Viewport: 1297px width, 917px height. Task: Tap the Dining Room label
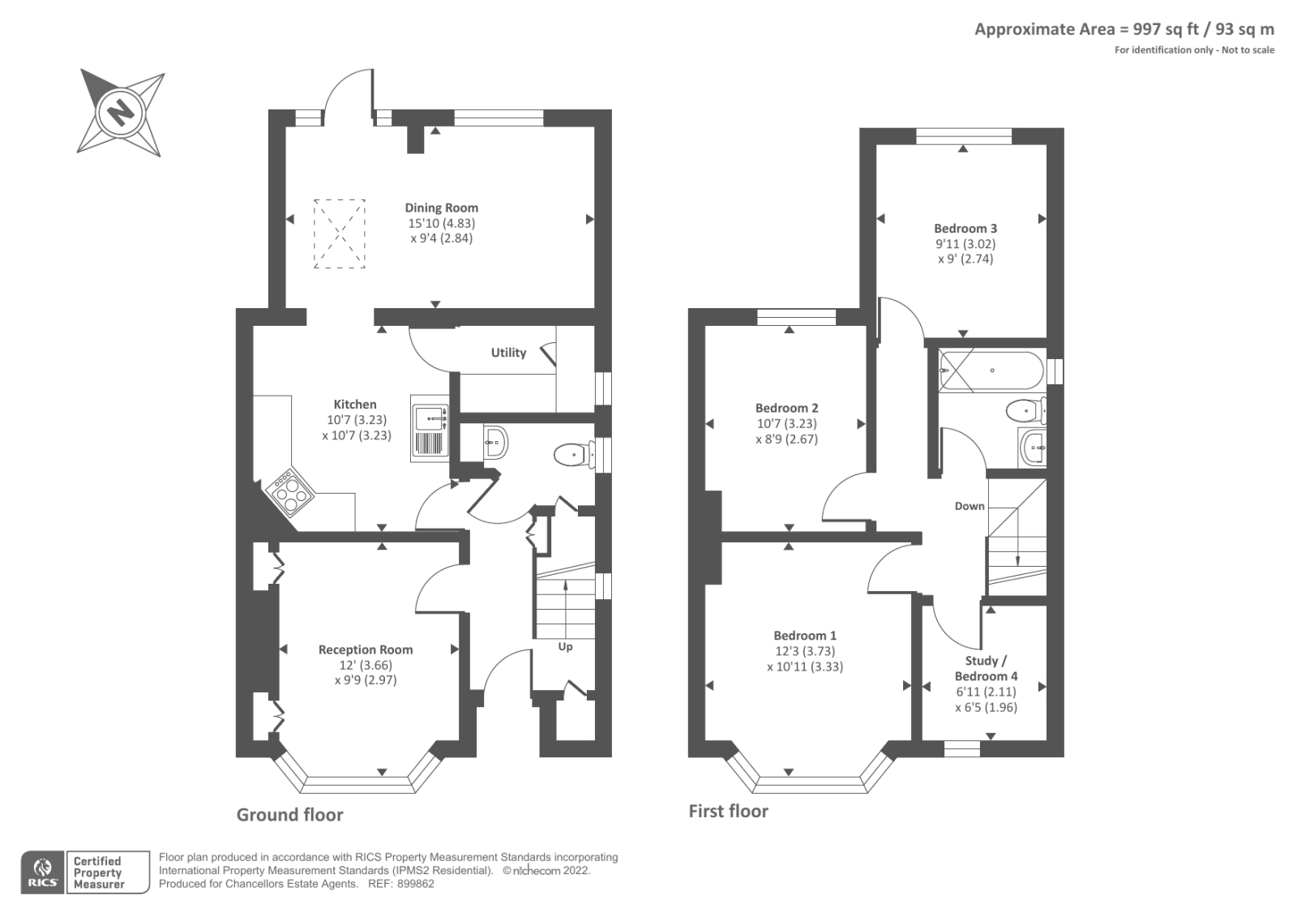[x=441, y=208]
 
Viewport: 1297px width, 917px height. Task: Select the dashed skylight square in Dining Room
[x=339, y=234]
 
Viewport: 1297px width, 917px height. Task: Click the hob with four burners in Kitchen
[x=291, y=491]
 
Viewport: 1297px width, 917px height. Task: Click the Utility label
[x=508, y=353]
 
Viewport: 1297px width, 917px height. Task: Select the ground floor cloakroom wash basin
[x=495, y=442]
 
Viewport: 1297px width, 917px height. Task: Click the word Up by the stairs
[x=565, y=646]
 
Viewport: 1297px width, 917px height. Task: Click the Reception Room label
[x=366, y=649]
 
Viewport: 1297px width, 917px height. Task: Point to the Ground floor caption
[x=289, y=815]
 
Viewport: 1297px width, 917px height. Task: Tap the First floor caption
[x=728, y=811]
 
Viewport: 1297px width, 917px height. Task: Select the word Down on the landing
[x=970, y=506]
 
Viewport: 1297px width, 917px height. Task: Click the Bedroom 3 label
[x=965, y=229]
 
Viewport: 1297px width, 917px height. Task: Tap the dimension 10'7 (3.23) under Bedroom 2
[x=786, y=423]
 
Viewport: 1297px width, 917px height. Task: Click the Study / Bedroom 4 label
[x=986, y=668]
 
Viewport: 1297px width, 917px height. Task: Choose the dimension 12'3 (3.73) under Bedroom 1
[x=804, y=651]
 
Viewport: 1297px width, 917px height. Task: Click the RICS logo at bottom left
[x=43, y=872]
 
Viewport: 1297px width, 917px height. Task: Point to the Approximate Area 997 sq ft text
[x=1124, y=29]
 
